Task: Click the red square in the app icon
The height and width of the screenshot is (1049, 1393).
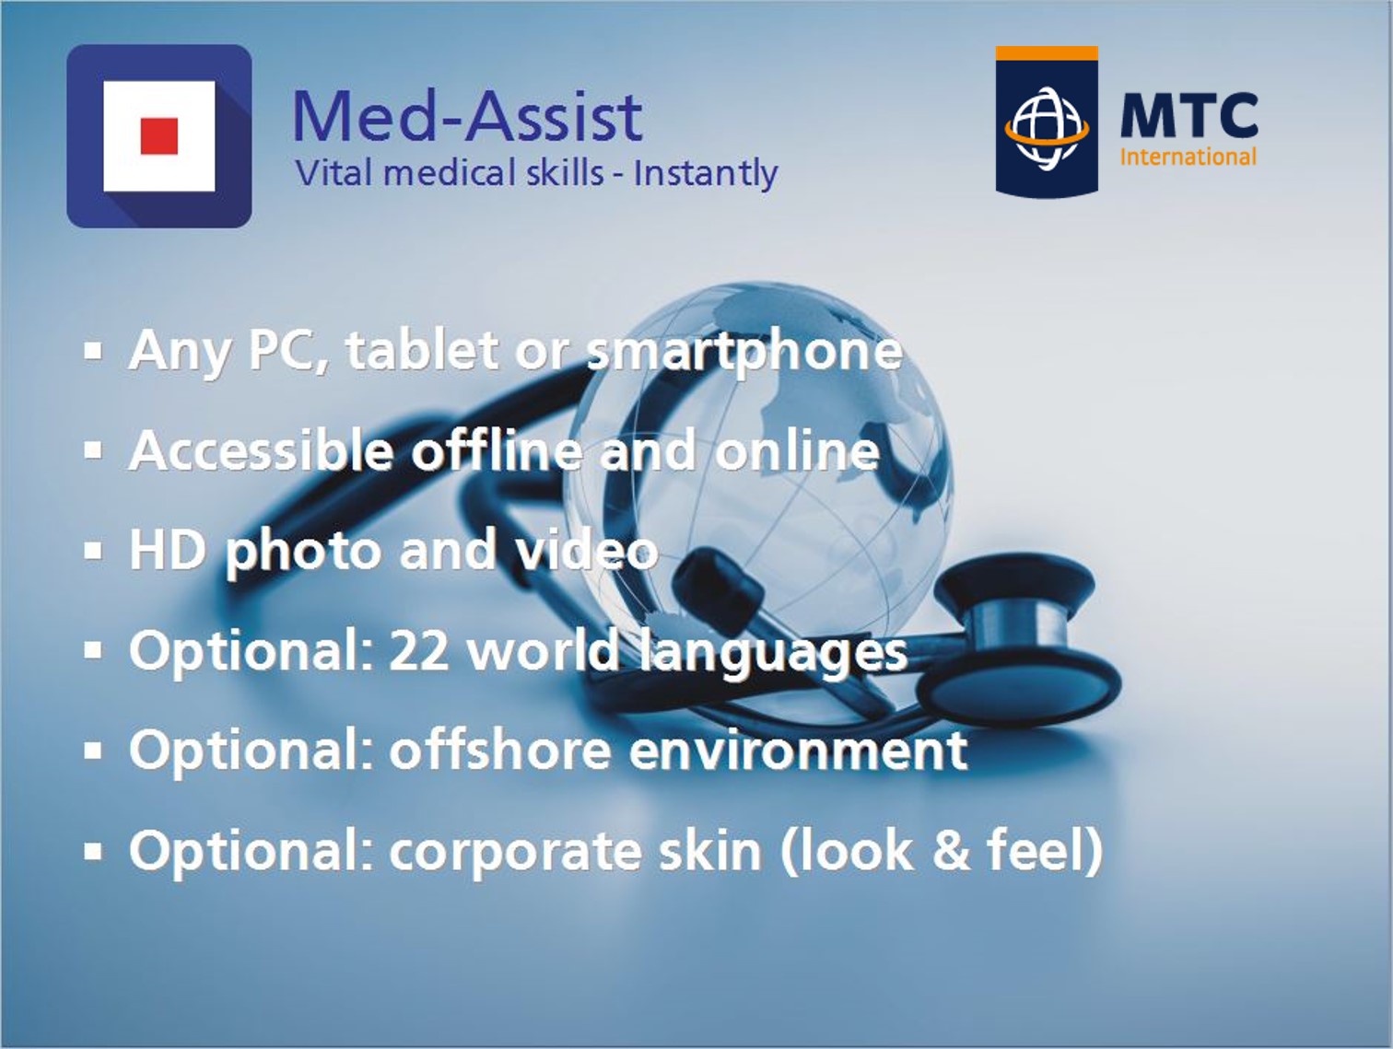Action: pos(158,135)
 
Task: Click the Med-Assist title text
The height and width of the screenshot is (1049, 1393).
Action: pos(468,116)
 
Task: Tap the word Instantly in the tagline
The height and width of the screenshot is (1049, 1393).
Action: pos(706,174)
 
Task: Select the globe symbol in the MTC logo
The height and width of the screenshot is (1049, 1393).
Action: pos(1047,129)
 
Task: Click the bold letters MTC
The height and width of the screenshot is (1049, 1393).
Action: pos(1189,115)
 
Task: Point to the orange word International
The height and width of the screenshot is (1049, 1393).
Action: pos(1188,157)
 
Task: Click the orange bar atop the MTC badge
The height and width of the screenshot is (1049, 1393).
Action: pos(1047,53)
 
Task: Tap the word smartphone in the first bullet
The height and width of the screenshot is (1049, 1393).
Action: pos(743,351)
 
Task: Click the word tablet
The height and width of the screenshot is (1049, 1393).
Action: pos(422,349)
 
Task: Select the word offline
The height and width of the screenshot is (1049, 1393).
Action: pos(497,449)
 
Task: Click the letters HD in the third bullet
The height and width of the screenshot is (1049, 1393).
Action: pos(168,550)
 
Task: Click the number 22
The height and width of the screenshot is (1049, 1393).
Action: pos(418,651)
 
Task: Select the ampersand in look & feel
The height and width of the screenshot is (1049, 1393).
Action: pos(952,850)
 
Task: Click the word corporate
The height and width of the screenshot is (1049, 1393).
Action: pos(515,853)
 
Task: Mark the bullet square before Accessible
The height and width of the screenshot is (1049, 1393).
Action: pos(93,451)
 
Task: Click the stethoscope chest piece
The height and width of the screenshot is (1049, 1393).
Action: pos(1022,653)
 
